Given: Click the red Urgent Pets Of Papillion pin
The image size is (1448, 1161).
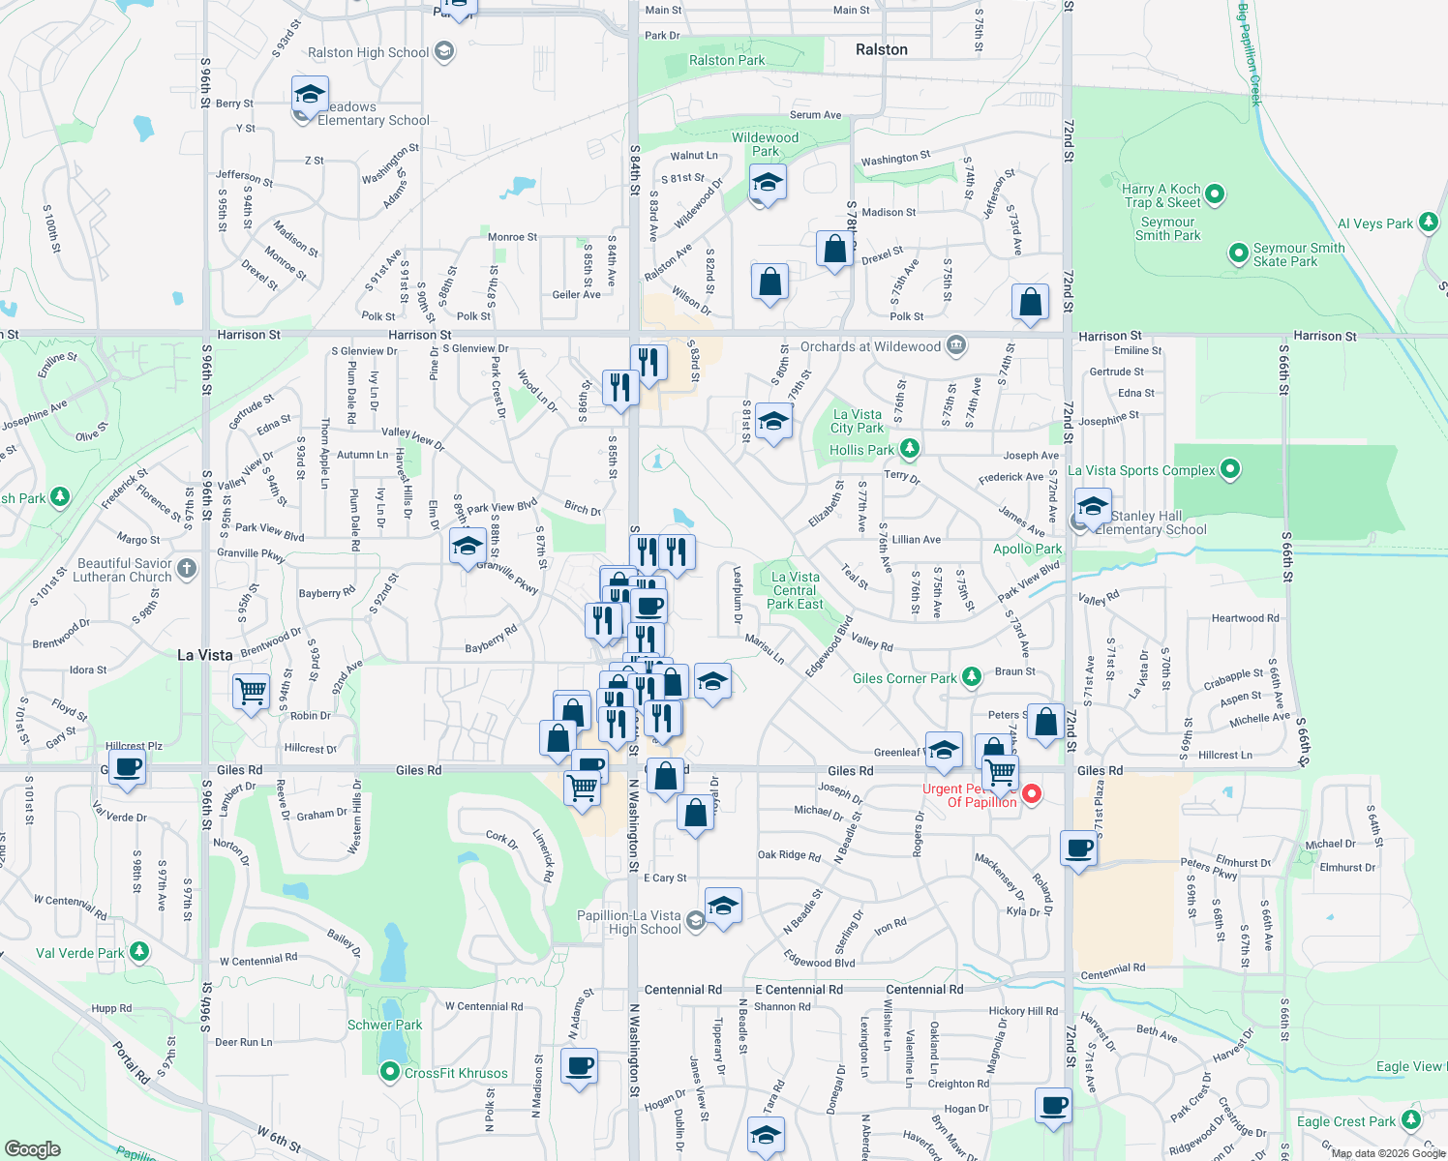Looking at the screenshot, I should [1032, 794].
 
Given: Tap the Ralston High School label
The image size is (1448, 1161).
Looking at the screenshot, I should [368, 53].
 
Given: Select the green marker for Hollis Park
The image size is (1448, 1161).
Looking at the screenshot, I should [909, 449].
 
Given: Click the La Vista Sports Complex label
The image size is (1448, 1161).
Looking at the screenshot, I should [1141, 470].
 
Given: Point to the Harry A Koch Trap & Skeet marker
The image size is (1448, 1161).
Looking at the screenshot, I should [1215, 194].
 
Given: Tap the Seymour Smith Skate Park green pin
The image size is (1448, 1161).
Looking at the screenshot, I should [1238, 253].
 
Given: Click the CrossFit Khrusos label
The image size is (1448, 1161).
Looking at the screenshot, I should [456, 1073].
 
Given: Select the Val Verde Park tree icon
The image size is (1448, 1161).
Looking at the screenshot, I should [139, 952].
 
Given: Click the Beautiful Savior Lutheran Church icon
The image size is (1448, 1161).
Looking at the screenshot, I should [188, 569].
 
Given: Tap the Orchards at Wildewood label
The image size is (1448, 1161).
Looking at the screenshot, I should [870, 346].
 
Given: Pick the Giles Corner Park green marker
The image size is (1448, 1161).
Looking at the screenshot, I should [973, 677].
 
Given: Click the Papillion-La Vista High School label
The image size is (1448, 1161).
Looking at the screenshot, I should [629, 922].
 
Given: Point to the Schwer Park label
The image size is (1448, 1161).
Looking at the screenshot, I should [384, 1025].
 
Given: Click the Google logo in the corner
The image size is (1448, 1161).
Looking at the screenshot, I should [33, 1148].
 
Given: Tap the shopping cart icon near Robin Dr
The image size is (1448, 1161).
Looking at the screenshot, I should [252, 692].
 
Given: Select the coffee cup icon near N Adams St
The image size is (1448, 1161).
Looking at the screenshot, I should [579, 1067].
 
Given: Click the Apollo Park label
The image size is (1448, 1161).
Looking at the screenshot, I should [1027, 549].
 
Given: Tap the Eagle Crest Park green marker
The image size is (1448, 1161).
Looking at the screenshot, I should [1410, 1120].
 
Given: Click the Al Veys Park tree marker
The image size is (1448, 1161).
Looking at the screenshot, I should [1429, 223].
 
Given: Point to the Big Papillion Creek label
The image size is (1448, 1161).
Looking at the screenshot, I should [1250, 53].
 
